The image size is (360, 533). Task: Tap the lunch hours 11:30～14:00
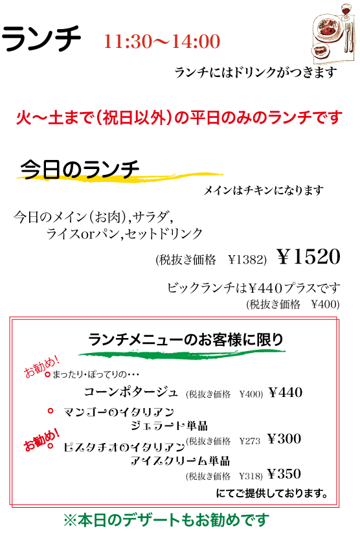(x=162, y=41)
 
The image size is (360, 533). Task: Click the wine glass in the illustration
(x=346, y=10)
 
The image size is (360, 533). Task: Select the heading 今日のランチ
(x=80, y=169)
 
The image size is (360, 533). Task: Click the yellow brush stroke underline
(x=120, y=177)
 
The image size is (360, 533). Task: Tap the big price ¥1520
(x=309, y=256)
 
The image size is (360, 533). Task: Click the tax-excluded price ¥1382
(x=247, y=260)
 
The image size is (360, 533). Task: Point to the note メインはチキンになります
(x=264, y=190)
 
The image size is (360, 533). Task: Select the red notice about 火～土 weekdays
(x=179, y=118)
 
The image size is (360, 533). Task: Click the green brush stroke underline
(x=182, y=353)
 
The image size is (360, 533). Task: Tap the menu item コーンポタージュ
(x=131, y=392)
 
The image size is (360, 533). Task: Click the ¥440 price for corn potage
(x=285, y=392)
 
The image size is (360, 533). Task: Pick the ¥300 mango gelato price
(x=284, y=438)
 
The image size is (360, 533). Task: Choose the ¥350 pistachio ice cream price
(x=284, y=474)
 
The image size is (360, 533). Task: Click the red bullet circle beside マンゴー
(x=51, y=411)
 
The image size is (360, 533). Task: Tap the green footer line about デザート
(x=166, y=520)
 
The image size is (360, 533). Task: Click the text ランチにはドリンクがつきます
(x=256, y=73)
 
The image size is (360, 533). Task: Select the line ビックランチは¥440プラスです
(x=253, y=288)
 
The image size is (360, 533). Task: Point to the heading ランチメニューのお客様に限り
(x=186, y=339)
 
